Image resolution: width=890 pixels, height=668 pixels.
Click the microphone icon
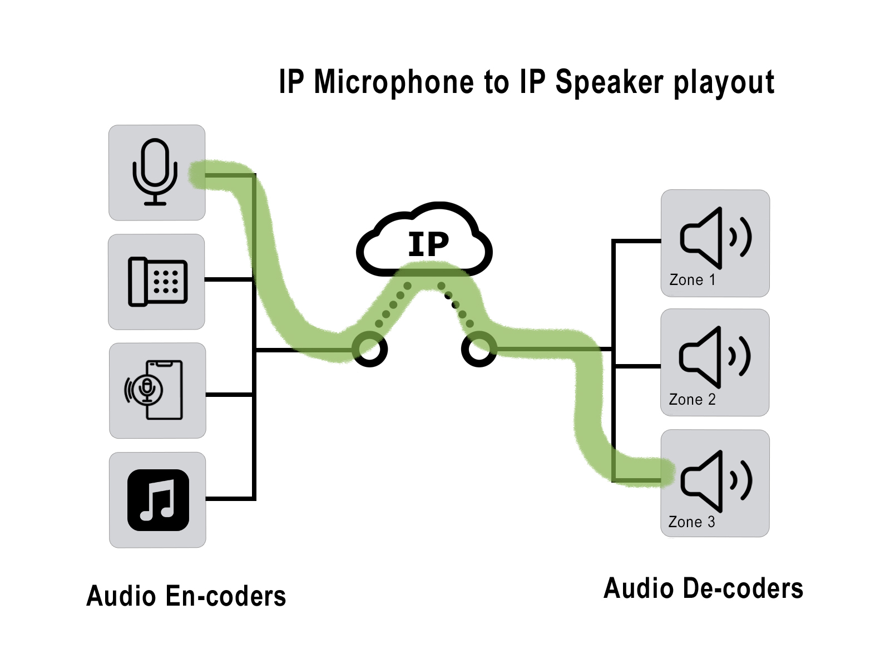click(155, 171)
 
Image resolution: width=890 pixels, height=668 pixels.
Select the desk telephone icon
click(157, 282)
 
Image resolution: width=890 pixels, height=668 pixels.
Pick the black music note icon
click(158, 500)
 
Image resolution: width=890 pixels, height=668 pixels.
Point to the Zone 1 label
click(692, 279)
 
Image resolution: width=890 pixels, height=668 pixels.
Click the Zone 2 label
click(692, 399)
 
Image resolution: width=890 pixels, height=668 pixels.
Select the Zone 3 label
click(691, 522)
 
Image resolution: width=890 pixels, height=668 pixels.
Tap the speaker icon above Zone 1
click(715, 238)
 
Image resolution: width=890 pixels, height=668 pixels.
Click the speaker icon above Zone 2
click(715, 357)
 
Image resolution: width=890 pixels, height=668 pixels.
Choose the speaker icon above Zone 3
click(715, 481)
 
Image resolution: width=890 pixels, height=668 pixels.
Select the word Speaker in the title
click(609, 82)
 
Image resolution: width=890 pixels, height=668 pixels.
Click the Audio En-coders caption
click(186, 596)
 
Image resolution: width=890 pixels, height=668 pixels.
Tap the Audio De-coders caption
click(703, 588)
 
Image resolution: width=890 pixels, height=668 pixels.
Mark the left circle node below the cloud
click(370, 350)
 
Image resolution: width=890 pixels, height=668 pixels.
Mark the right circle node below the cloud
click(478, 350)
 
